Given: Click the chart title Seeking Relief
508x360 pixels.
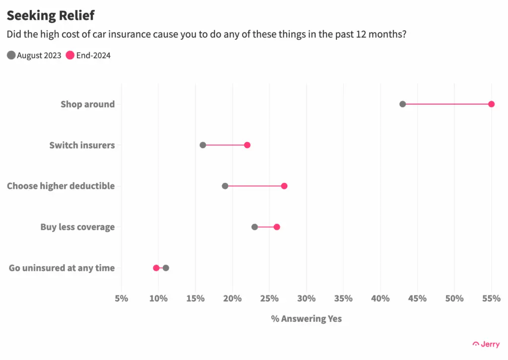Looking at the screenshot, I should click(x=51, y=15).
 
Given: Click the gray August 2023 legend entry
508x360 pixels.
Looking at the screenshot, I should click(x=34, y=55).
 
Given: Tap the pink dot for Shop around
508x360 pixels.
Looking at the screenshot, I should click(x=491, y=104).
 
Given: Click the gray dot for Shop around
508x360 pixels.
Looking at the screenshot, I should click(x=402, y=104).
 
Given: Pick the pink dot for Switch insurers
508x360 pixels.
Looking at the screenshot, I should click(x=247, y=145).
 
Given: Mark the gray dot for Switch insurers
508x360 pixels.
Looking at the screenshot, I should click(x=203, y=145).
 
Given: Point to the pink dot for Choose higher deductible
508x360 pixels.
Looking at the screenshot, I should click(x=284, y=186).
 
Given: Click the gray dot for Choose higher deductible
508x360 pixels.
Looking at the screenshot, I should click(x=225, y=186).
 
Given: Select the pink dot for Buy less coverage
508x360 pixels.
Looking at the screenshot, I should click(x=277, y=227).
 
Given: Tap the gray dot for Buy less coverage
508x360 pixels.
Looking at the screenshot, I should click(x=254, y=227).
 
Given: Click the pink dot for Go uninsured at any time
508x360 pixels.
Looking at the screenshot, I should click(x=156, y=268).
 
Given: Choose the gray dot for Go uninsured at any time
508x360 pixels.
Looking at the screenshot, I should click(x=166, y=268).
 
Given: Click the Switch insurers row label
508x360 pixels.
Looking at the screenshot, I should click(x=82, y=145).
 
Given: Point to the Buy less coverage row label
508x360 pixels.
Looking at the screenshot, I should click(x=77, y=227).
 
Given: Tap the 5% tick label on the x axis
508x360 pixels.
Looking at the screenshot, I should click(x=122, y=298).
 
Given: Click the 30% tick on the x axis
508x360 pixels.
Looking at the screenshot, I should click(x=307, y=298).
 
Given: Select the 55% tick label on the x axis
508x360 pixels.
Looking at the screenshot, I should click(x=491, y=298).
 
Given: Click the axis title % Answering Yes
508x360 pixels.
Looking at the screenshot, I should click(x=306, y=319).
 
